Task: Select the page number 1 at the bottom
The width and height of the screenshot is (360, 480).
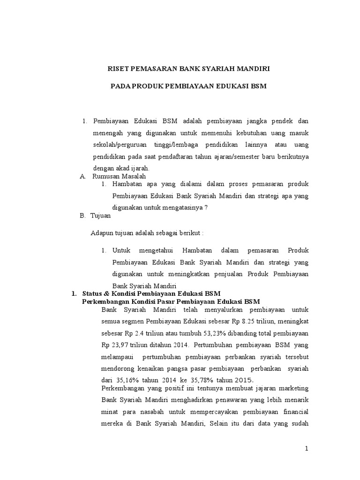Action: pyautogui.click(x=307, y=449)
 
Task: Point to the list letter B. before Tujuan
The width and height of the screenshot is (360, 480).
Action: pyautogui.click(x=83, y=216)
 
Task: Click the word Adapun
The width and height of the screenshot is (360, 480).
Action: pyautogui.click(x=102, y=233)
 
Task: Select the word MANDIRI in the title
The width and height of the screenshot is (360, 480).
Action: pyautogui.click(x=253, y=69)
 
